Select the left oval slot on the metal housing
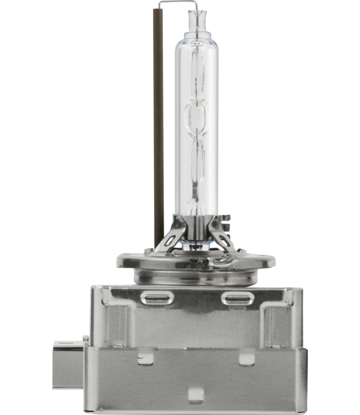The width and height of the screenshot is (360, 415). point(158,297)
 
